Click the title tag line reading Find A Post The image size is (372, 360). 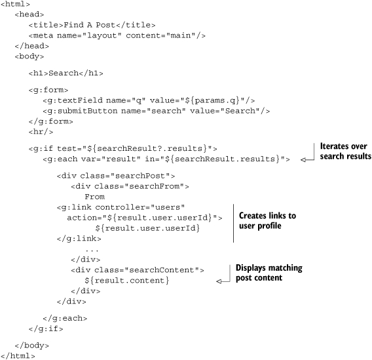(92, 25)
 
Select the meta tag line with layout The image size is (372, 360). (117, 35)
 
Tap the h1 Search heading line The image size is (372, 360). (66, 73)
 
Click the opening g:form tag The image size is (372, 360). (48, 90)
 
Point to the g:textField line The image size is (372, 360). (149, 100)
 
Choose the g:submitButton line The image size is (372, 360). (156, 111)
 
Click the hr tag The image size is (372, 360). (41, 132)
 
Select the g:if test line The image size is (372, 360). (122, 149)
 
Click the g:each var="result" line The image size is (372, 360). (166, 159)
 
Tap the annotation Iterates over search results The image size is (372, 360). (345, 151)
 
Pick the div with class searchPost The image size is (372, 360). (116, 176)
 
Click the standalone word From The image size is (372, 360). (95, 197)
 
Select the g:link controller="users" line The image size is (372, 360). (121, 207)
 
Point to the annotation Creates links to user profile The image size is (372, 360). (267, 220)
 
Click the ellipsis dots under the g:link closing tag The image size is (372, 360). (92, 250)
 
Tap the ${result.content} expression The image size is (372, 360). (126, 281)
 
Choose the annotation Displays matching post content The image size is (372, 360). (269, 273)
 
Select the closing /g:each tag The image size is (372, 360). (65, 318)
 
